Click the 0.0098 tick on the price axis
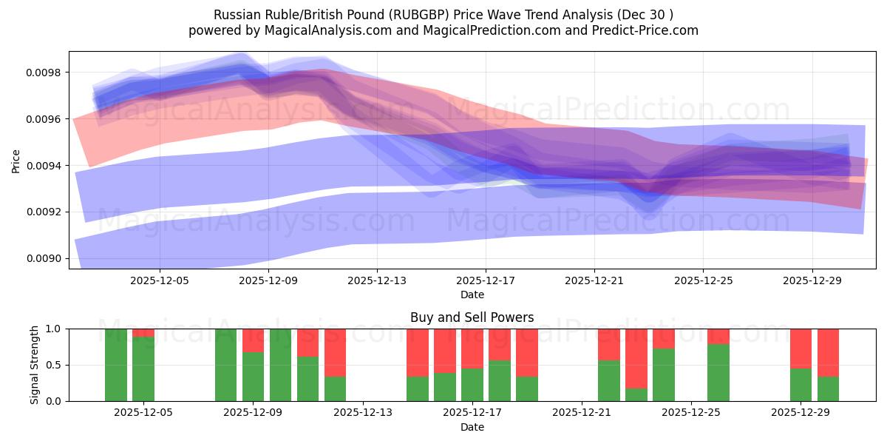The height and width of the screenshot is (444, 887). coord(47,73)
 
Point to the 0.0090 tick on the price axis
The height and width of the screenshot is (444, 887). coord(47,259)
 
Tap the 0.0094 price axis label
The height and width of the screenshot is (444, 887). coord(47,166)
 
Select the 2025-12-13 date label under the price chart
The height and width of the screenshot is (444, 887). coord(377,281)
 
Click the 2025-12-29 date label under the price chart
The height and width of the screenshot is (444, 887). coord(812,281)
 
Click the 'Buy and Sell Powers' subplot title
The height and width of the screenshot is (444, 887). coord(472,317)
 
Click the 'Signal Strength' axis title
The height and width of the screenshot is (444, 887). coord(35,364)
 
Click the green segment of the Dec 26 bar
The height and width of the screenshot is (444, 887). coord(718,372)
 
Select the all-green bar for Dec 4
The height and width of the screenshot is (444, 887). coord(116,364)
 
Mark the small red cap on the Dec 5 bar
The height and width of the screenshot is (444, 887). coord(143,332)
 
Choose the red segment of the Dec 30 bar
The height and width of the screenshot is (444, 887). coord(828,352)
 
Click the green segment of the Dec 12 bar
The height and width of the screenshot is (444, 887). coord(335,388)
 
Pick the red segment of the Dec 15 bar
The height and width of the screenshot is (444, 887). coord(417,352)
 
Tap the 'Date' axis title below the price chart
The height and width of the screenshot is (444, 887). coord(472,295)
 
